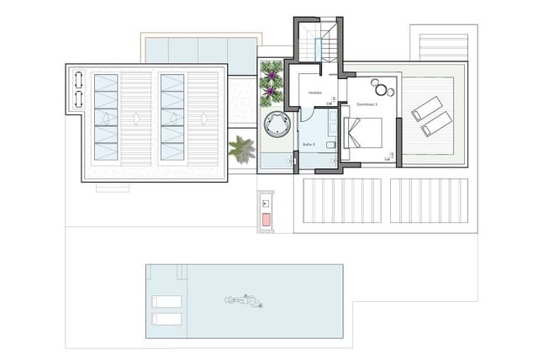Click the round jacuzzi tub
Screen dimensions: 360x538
pos(277,125)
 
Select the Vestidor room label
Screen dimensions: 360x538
pos(316,93)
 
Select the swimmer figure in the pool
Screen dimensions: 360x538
pos(244,299)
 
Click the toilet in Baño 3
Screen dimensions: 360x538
pos(332,147)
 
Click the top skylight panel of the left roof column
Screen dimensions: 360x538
pos(106,83)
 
